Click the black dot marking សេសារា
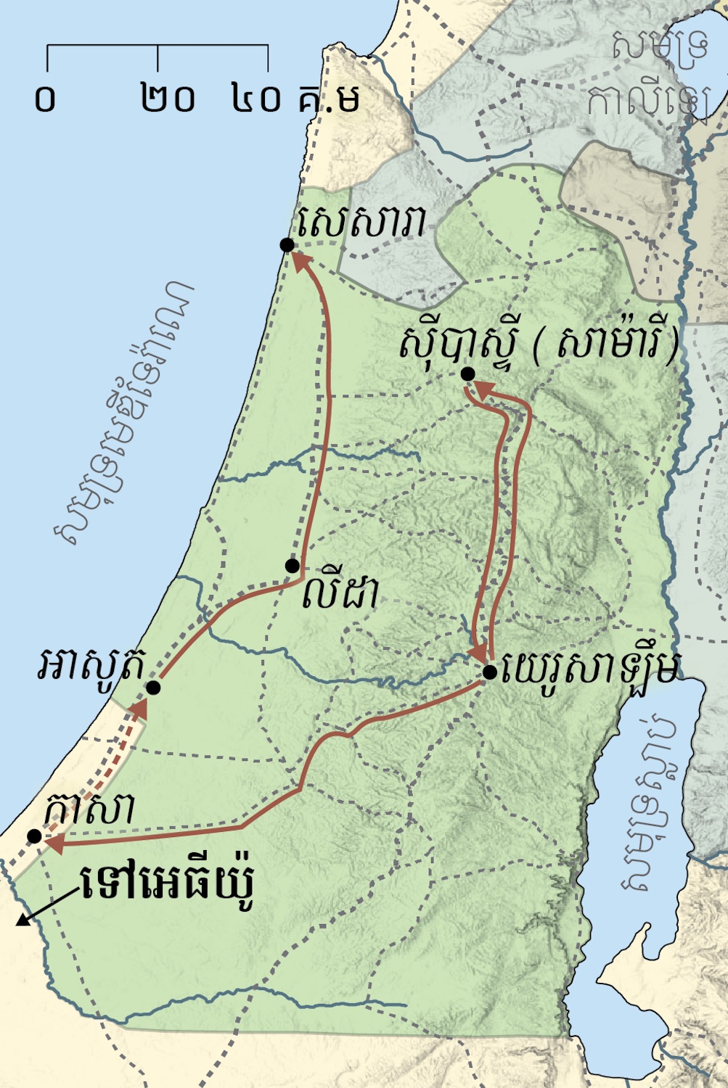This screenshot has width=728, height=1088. pyautogui.click(x=287, y=245)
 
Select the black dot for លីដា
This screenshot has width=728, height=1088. pyautogui.click(x=292, y=566)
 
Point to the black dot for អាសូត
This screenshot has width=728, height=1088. pyautogui.click(x=153, y=688)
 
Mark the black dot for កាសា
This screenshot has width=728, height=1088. pyautogui.click(x=34, y=836)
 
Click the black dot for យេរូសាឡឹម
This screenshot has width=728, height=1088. pyautogui.click(x=490, y=672)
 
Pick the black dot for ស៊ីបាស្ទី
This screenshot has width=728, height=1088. pyautogui.click(x=468, y=374)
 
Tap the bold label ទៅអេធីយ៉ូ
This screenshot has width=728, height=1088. pyautogui.click(x=168, y=883)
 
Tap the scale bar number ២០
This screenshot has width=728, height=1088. pyautogui.click(x=168, y=99)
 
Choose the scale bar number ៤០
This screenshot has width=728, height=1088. pyautogui.click(x=256, y=99)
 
